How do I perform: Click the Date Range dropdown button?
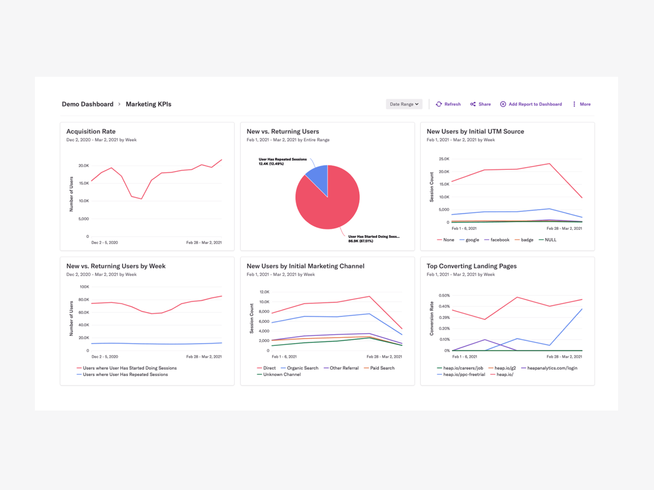coord(404,104)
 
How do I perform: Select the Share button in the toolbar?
coord(481,104)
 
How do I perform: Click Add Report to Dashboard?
coord(531,104)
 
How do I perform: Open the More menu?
coord(582,104)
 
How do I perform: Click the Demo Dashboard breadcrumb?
coord(87,104)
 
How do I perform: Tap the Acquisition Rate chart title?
coord(90,131)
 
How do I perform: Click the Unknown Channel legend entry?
coord(282,375)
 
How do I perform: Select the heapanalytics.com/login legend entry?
coord(552,368)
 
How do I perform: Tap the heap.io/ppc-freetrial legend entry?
coord(464,375)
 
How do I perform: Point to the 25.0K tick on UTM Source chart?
coord(443,159)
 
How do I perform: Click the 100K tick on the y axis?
coord(84,287)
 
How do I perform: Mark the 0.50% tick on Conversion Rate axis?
coord(444,296)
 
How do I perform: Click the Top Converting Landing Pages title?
coord(471,266)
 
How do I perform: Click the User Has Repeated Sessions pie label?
coord(282,160)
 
